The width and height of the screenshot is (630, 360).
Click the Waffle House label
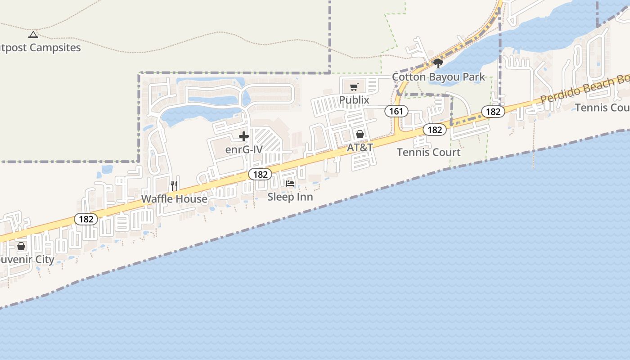[174, 199]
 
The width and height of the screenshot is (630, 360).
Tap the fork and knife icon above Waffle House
[175, 185]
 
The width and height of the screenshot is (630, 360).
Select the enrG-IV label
[243, 149]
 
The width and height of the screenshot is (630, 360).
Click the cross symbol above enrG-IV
[244, 136]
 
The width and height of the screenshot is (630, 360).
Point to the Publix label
[354, 100]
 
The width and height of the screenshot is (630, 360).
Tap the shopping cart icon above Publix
[354, 87]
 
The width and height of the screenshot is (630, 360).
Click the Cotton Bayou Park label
[438, 77]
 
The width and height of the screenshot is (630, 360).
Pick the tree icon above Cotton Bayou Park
[438, 63]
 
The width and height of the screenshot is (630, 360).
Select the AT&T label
[360, 148]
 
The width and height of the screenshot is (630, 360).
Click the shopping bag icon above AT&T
[360, 134]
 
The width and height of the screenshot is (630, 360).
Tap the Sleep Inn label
[290, 197]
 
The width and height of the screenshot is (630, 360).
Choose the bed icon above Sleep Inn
[290, 184]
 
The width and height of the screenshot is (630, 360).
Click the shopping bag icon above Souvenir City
[21, 246]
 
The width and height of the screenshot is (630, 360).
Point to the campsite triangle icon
[33, 35]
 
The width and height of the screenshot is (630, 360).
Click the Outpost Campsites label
[40, 48]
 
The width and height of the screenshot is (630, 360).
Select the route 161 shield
[396, 111]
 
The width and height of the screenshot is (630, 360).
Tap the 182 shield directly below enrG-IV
[260, 174]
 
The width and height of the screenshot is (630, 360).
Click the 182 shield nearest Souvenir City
[86, 219]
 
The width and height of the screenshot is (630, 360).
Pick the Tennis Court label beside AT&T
[428, 152]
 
